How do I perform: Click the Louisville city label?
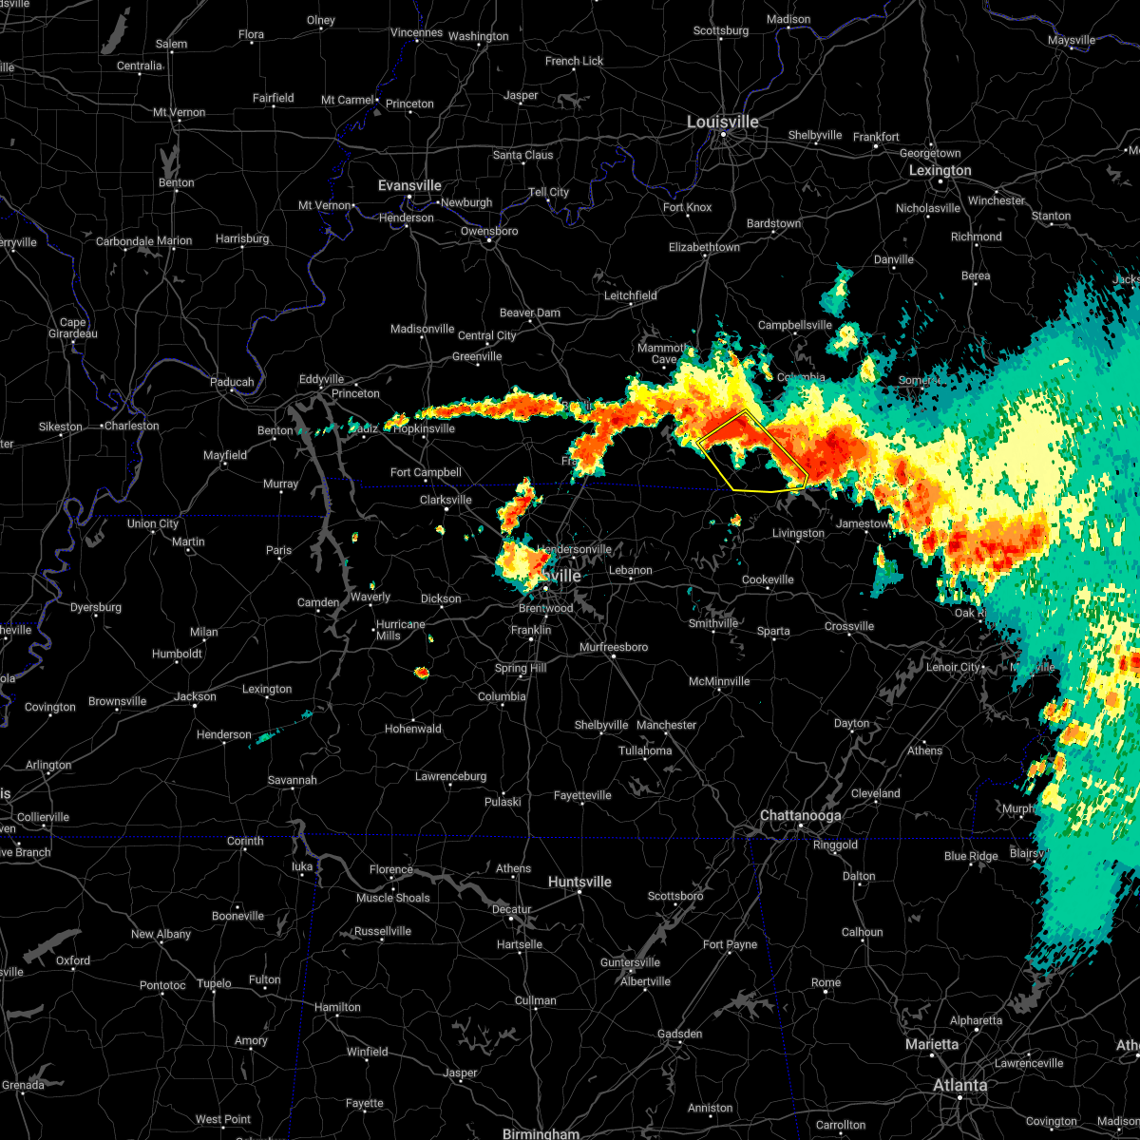pyautogui.click(x=723, y=123)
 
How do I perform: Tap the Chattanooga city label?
pyautogui.click(x=800, y=816)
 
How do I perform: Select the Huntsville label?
pyautogui.click(x=579, y=883)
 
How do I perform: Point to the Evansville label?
pyautogui.click(x=409, y=186)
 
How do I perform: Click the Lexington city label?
pyautogui.click(x=940, y=171)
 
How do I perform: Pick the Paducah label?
pyautogui.click(x=232, y=383)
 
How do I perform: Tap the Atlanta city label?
pyautogui.click(x=959, y=1085)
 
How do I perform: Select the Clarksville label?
pyautogui.click(x=446, y=500)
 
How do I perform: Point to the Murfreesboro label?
pyautogui.click(x=614, y=648)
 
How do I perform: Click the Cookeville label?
pyautogui.click(x=768, y=580)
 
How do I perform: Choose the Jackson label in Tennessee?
pyautogui.click(x=195, y=697)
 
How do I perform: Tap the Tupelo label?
pyautogui.click(x=215, y=984)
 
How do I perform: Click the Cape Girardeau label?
pyautogui.click(x=73, y=329)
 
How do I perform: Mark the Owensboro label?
pyautogui.click(x=489, y=232)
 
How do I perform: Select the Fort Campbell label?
pyautogui.click(x=426, y=473)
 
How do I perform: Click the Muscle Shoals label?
pyautogui.click(x=392, y=899)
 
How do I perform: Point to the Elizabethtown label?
pyautogui.click(x=704, y=248)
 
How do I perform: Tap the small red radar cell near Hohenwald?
pyautogui.click(x=422, y=673)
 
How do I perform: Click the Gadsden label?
pyautogui.click(x=680, y=1035)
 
